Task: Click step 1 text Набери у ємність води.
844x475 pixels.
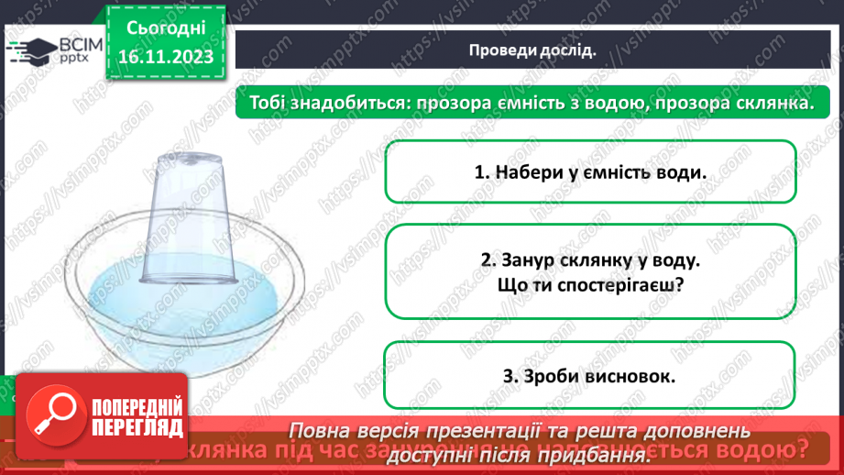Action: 590,171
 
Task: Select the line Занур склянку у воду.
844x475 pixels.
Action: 590,260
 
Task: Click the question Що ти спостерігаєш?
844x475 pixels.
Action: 590,285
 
